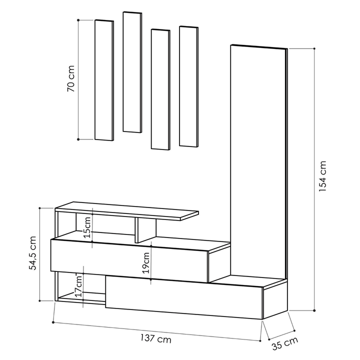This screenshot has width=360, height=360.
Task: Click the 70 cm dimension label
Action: tap(71, 79)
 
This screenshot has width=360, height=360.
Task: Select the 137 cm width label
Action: tap(156, 340)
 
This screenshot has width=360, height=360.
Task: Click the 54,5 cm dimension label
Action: tap(33, 254)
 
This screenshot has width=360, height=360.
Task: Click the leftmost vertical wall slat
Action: tap(104, 80)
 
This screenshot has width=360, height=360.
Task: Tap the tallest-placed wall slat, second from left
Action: tap(132, 72)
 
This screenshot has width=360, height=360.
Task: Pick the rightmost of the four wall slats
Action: tap(188, 86)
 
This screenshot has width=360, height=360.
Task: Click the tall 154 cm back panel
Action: tap(257, 160)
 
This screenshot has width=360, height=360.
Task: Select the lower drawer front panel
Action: tap(184, 298)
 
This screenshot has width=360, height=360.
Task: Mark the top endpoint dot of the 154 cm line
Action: tap(314, 48)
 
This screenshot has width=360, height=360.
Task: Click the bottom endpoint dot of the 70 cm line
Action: tap(79, 139)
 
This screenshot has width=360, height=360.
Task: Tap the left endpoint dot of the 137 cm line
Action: tap(53, 322)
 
